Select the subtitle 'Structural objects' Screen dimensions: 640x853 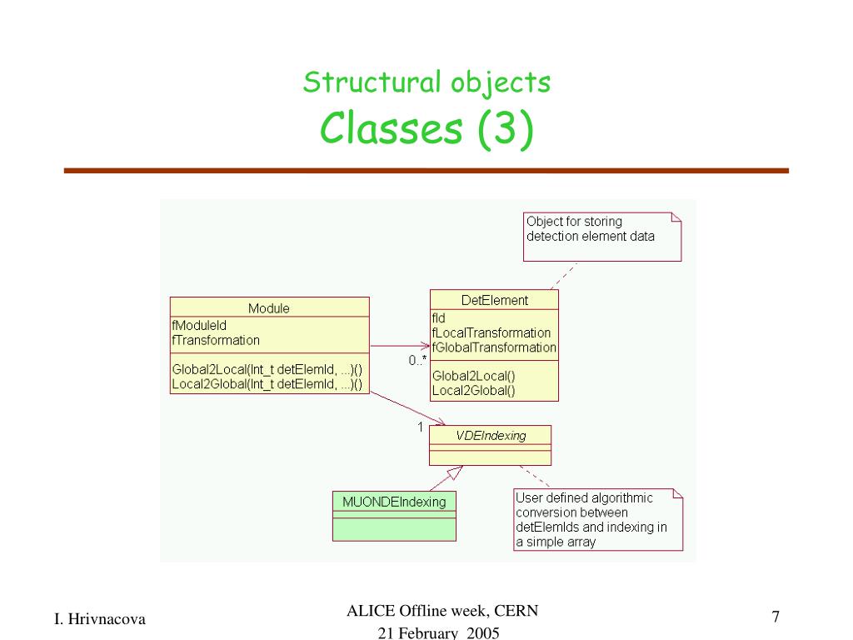pyautogui.click(x=426, y=82)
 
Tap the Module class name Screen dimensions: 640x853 pyautogui.click(x=269, y=308)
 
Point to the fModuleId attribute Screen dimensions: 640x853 pyautogui.click(x=199, y=326)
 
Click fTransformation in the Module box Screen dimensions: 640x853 pyautogui.click(x=216, y=340)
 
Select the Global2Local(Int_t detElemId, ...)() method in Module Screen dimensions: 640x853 pyautogui.click(x=267, y=369)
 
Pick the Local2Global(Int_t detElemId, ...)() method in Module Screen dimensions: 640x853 pyautogui.click(x=267, y=384)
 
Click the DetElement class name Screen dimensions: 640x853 pyautogui.click(x=494, y=300)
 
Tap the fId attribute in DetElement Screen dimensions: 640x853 pyautogui.click(x=438, y=317)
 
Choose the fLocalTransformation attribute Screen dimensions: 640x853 pyautogui.click(x=491, y=332)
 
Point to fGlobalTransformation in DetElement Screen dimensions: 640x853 pyautogui.click(x=494, y=347)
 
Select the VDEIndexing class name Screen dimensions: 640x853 pyautogui.click(x=491, y=435)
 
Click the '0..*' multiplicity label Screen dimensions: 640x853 pyautogui.click(x=417, y=360)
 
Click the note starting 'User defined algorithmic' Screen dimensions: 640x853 pyautogui.click(x=591, y=519)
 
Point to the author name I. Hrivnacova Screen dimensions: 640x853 pyautogui.click(x=100, y=618)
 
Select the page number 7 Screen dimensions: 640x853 pyautogui.click(x=776, y=617)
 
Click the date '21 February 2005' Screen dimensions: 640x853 pyautogui.click(x=438, y=633)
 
